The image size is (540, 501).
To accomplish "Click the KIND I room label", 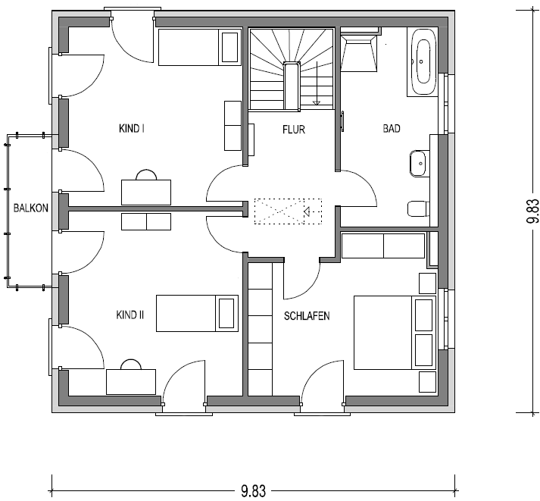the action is point(132,129).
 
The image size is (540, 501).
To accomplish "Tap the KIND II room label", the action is point(130,315).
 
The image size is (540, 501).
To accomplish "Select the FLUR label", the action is point(294,130).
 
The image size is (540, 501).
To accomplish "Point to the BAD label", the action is point(392,129).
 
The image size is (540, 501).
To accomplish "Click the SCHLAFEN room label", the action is point(307,316).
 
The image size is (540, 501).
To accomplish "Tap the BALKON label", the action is point(30,208).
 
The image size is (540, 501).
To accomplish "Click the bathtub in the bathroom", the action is point(422,62).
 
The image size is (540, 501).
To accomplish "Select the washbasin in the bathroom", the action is point(417,164).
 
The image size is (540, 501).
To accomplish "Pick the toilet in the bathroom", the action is point(417,208).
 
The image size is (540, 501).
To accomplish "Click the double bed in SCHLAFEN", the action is point(395,332).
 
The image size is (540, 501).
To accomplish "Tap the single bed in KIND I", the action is point(199,47).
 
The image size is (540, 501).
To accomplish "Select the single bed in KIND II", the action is point(198,313).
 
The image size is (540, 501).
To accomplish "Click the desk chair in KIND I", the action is point(146,175).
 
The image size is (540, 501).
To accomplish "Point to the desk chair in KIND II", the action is point(131,365).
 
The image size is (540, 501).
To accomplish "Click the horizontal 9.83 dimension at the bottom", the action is point(253,490).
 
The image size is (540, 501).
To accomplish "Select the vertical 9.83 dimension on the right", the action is point(532,211).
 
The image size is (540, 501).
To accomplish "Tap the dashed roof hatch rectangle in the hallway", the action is point(288,211).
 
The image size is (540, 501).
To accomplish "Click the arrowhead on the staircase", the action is point(316,102).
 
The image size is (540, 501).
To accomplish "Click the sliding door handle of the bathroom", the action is point(342,121).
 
